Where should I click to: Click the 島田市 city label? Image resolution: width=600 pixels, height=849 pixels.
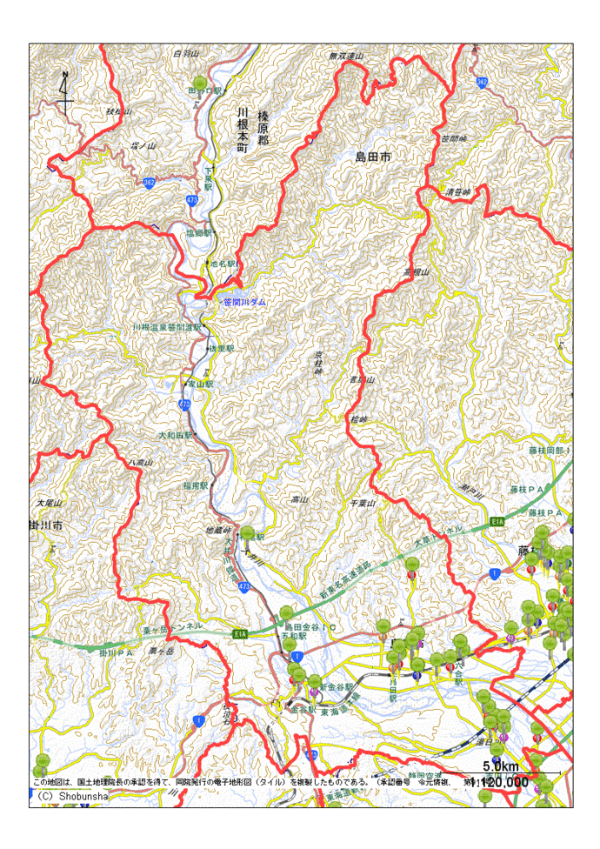373,157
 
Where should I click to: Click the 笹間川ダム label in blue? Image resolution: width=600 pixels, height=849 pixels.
245,302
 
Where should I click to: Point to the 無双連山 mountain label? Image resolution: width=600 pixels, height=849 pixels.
344,57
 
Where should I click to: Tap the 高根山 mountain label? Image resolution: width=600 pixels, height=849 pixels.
418,273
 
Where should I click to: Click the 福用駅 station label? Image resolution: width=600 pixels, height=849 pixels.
197,484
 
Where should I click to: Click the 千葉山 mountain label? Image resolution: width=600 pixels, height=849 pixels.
362,504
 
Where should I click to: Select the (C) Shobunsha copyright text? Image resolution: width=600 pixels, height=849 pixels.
68,795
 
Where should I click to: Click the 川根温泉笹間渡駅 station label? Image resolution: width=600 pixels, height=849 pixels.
166,327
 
